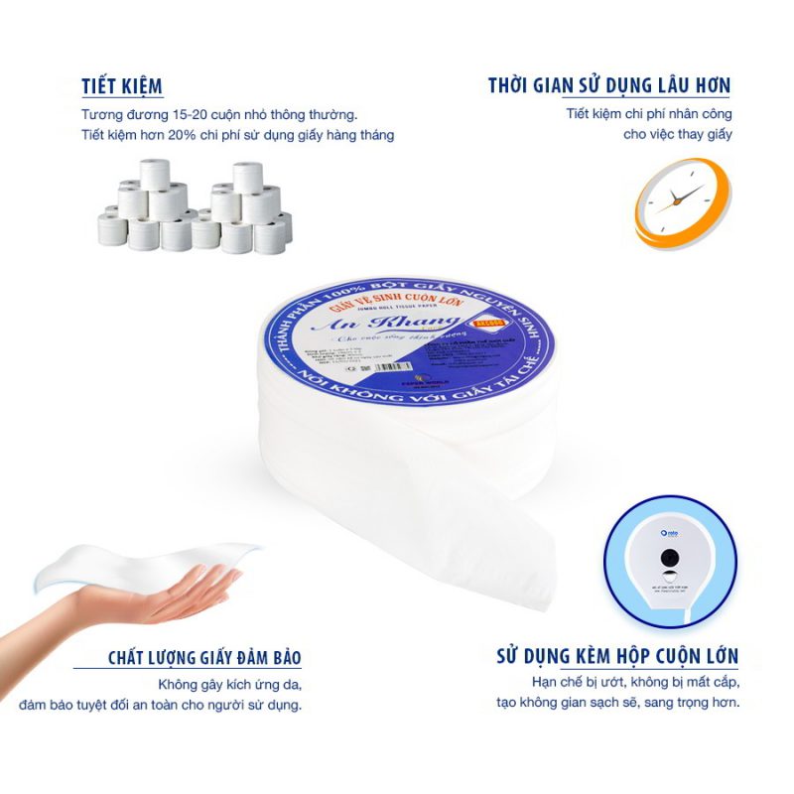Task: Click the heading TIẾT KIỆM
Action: click(122, 86)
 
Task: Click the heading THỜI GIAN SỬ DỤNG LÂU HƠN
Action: click(609, 86)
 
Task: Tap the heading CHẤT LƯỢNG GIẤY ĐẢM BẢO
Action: click(204, 658)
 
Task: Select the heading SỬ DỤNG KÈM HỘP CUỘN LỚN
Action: click(616, 656)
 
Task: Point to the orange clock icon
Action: click(683, 200)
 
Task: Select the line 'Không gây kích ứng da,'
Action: click(229, 685)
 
